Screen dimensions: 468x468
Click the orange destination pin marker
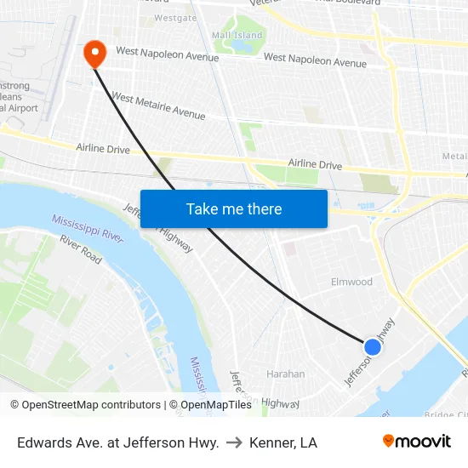[x=94, y=54]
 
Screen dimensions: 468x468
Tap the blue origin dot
[x=372, y=346]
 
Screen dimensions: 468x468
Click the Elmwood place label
[x=351, y=282]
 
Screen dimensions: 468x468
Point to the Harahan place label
[x=286, y=374]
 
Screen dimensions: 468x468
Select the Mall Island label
[x=237, y=35]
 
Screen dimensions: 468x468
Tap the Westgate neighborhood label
[x=175, y=17]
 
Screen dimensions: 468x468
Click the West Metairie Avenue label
[x=158, y=106]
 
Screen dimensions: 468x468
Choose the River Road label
[x=81, y=248]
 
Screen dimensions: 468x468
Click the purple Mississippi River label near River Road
[x=88, y=228]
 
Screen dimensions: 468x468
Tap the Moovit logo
[x=417, y=442]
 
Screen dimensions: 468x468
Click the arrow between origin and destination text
[x=234, y=442]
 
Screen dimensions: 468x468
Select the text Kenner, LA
[x=283, y=442]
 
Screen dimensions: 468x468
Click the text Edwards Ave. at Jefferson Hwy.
[x=118, y=442]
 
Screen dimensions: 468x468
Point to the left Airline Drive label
[x=103, y=149]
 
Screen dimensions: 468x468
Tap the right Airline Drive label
[x=315, y=164]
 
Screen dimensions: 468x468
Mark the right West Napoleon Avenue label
[x=315, y=60]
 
